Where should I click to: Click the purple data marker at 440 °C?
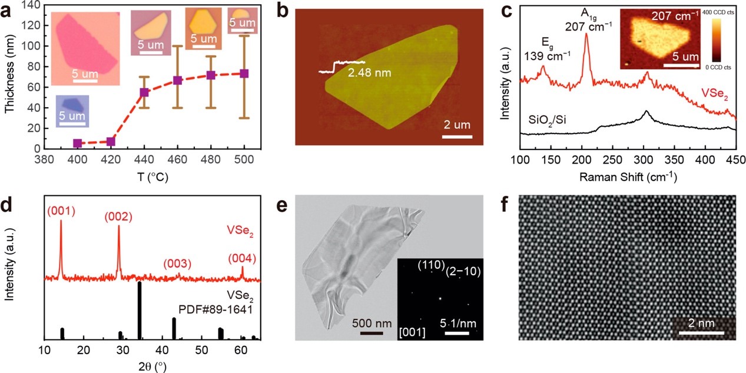[x=144, y=92]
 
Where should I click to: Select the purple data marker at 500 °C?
[x=244, y=74]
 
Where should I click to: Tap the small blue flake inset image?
[x=72, y=111]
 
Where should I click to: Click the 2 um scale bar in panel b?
[x=457, y=138]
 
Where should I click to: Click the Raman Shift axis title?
[x=628, y=176]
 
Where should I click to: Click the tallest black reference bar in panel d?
[x=140, y=311]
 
